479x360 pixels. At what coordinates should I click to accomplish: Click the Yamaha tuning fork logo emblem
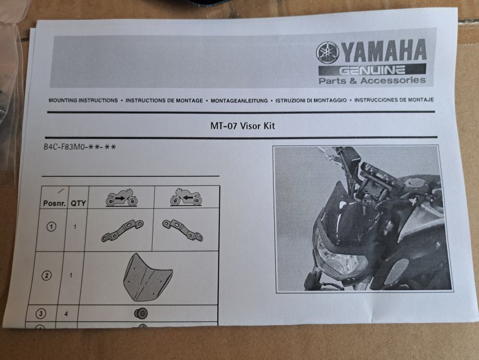click(x=328, y=53)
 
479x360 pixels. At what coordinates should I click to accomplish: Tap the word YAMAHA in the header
click(x=384, y=50)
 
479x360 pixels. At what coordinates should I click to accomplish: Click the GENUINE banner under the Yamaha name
click(x=372, y=70)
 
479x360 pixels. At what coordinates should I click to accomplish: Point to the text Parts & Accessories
click(x=372, y=80)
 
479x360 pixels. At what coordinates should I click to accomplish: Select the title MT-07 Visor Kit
click(x=242, y=126)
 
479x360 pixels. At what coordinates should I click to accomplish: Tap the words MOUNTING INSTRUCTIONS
click(x=83, y=100)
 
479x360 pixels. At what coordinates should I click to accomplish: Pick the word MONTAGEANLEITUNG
click(x=239, y=101)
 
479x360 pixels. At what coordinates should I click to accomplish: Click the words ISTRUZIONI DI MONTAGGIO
click(x=311, y=100)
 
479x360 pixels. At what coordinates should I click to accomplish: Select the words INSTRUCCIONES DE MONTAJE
click(x=394, y=100)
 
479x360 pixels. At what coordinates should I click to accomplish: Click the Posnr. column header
click(x=55, y=203)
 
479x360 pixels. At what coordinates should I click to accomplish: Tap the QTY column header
click(x=78, y=203)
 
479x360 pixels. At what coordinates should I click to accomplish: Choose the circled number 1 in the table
click(x=51, y=226)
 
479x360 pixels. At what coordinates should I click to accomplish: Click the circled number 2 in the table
click(x=46, y=275)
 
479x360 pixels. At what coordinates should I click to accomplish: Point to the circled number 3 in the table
click(x=41, y=314)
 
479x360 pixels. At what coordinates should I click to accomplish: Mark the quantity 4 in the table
click(x=66, y=314)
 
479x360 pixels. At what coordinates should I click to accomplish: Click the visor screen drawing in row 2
click(x=148, y=278)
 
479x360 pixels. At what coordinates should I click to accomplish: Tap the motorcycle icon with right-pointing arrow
click(x=122, y=197)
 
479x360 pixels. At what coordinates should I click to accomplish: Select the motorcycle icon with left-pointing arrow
click(x=186, y=197)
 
